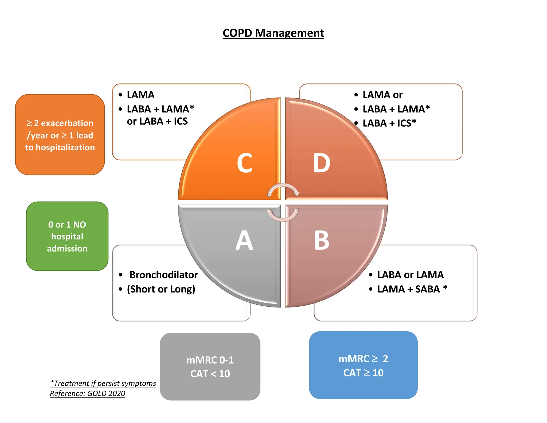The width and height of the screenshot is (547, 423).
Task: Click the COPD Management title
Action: [x=273, y=33]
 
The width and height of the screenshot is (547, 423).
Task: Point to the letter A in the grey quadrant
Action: [x=244, y=240]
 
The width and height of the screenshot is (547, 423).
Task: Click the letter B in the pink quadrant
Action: [x=322, y=240]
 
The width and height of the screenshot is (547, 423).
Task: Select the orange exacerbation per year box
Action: [x=60, y=135]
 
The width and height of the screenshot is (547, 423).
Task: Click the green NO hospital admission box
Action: [x=67, y=236]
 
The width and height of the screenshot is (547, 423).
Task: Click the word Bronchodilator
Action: [x=163, y=275]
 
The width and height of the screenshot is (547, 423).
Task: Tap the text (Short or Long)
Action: [x=161, y=289]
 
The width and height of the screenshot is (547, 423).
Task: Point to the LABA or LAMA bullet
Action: [x=410, y=275]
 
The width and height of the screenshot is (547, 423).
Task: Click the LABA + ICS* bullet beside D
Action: [x=389, y=123]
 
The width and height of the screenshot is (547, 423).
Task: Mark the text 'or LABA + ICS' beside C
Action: [x=157, y=121]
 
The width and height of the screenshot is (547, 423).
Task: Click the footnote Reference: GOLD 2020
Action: [x=87, y=394]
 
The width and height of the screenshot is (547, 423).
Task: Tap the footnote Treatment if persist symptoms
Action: [x=103, y=383]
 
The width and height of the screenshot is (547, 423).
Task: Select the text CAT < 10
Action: [x=210, y=374]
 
